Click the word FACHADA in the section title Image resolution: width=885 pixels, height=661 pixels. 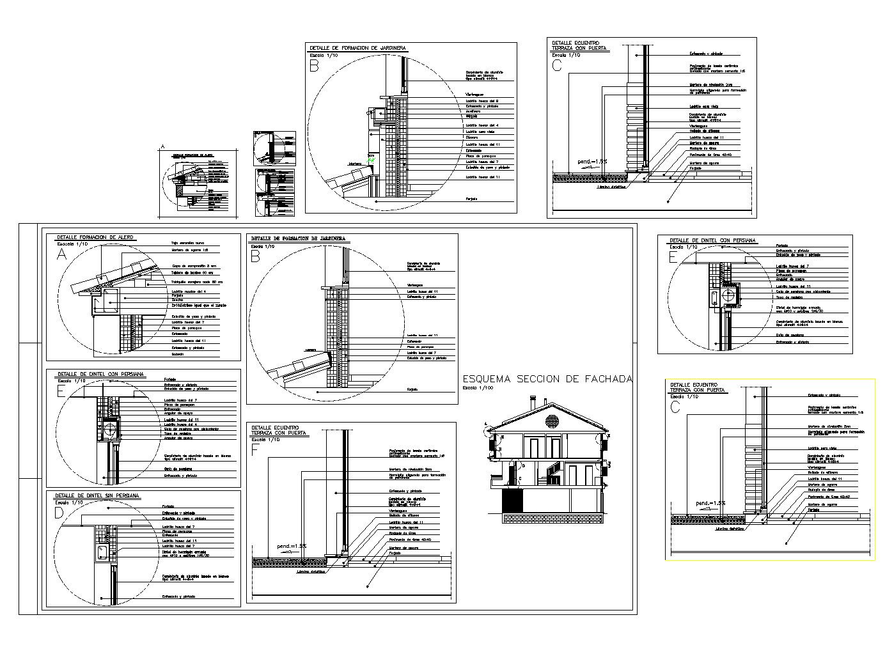(608, 379)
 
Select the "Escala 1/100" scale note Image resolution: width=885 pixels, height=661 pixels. (478, 388)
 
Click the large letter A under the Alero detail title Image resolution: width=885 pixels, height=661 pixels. (61, 254)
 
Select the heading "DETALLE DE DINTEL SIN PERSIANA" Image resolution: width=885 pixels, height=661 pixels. (97, 495)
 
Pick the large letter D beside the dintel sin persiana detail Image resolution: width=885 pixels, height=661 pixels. (59, 513)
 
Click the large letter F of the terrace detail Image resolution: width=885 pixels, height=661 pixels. (255, 450)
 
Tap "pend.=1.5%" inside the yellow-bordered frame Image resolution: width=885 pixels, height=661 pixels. (710, 503)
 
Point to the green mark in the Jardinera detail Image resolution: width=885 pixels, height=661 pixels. (370, 157)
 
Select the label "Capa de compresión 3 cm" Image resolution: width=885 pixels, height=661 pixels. (194, 265)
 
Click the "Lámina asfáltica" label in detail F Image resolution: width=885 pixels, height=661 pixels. (310, 572)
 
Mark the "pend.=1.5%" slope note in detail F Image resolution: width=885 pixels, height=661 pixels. (292, 546)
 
